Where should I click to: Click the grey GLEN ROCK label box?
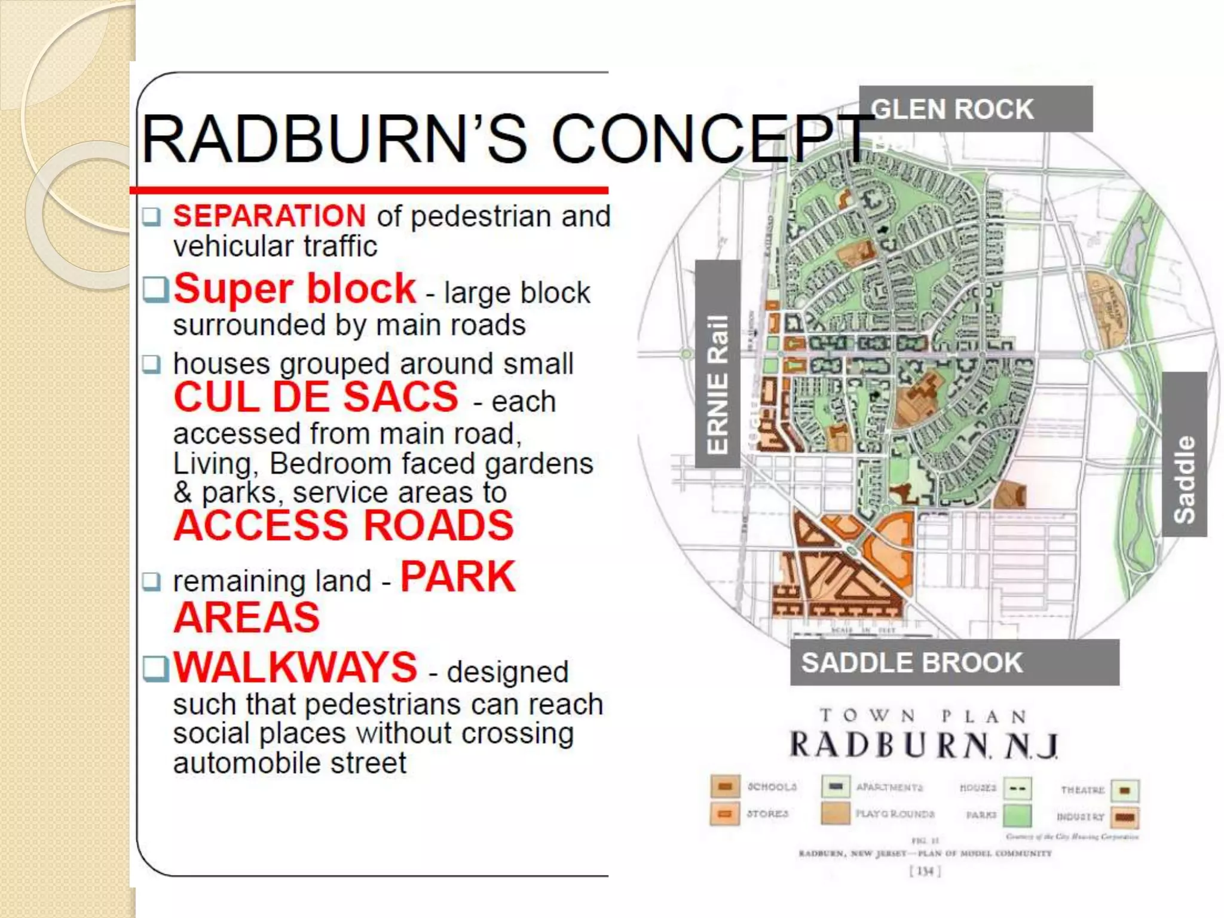[975, 109]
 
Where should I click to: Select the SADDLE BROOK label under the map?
[954, 662]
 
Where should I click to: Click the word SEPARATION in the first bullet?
[270, 216]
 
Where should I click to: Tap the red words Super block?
[295, 289]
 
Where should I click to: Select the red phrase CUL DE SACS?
[316, 397]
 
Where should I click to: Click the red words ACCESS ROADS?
[344, 525]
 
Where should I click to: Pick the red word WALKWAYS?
[295, 667]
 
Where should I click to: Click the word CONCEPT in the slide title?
[711, 139]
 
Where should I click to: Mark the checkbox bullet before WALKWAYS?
[155, 668]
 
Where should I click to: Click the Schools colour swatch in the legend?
[725, 787]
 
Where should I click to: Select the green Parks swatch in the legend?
[1017, 815]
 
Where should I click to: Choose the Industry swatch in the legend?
[1125, 817]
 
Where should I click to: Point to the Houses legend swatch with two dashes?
[1017, 788]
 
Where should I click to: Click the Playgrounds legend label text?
[895, 814]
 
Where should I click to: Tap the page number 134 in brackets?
[925, 871]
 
